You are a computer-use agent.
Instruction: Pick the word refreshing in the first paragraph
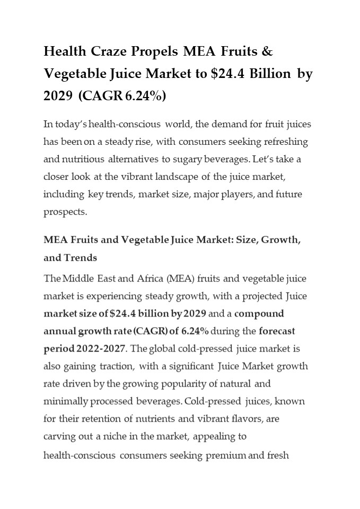tap(283, 142)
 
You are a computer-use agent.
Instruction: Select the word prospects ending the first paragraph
tap(64, 212)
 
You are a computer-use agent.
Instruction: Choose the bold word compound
tap(259, 313)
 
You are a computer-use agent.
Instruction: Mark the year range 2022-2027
tap(100, 348)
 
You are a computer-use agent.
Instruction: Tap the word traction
tap(119, 366)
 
